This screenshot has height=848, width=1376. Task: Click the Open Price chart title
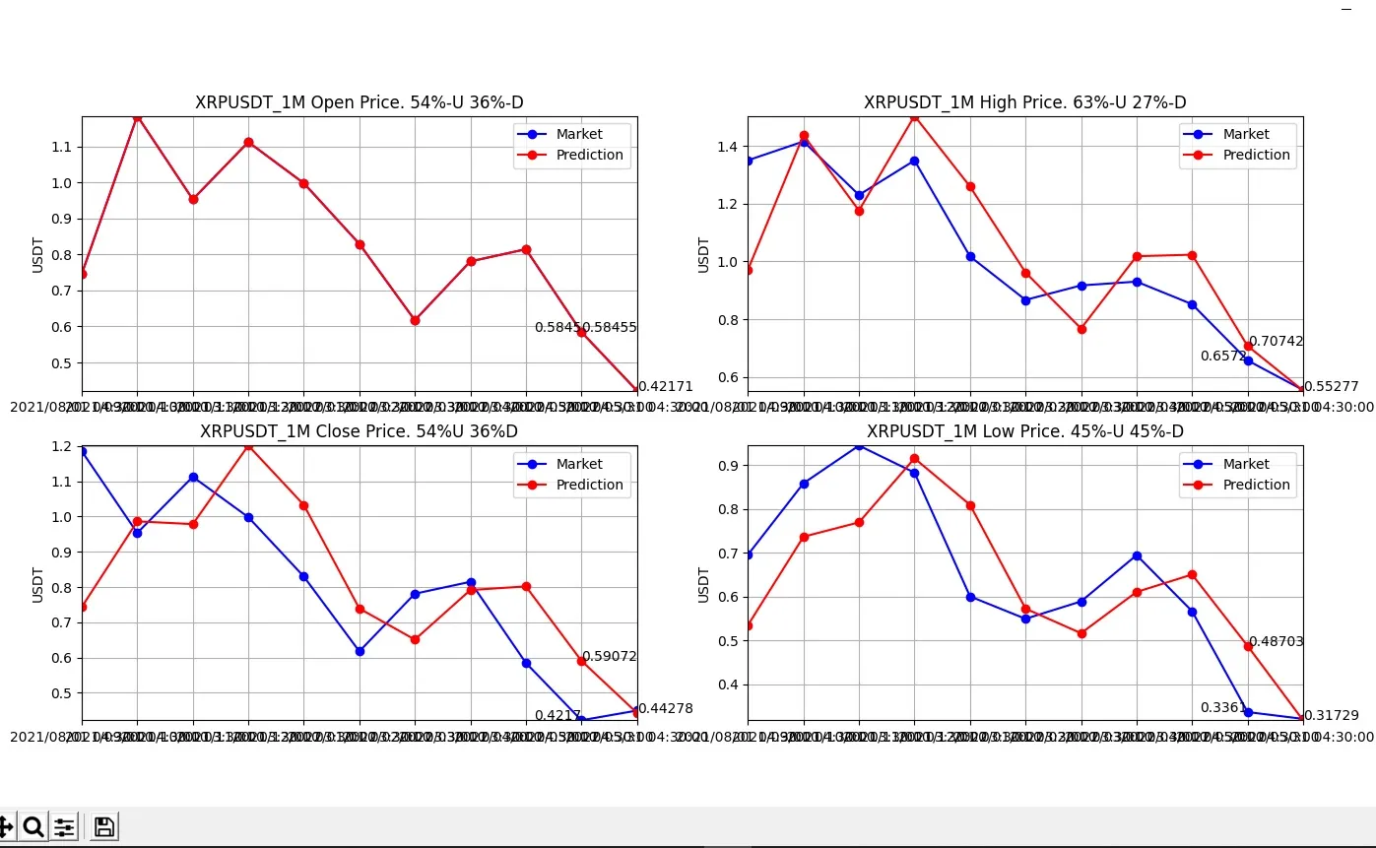tap(359, 102)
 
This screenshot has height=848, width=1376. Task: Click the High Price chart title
tap(1024, 102)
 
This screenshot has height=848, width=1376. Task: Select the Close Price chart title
tap(359, 431)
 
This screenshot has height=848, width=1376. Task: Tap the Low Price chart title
tap(1024, 431)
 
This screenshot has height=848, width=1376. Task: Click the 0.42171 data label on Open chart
tap(666, 387)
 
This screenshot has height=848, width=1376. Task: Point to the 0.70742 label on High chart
tap(1276, 342)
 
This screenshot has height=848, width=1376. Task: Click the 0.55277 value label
tap(1331, 387)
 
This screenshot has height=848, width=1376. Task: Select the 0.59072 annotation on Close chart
tap(609, 656)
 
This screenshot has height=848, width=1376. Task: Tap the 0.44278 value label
tap(666, 708)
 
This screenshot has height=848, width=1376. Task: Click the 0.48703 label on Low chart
tap(1276, 641)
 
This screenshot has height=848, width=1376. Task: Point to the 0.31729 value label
tap(1331, 715)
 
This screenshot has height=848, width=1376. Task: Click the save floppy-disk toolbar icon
tap(104, 826)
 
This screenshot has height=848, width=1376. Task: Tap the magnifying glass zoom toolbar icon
tap(33, 826)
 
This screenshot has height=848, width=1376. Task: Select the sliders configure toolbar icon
tap(64, 826)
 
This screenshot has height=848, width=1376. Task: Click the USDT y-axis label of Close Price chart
tap(37, 585)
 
